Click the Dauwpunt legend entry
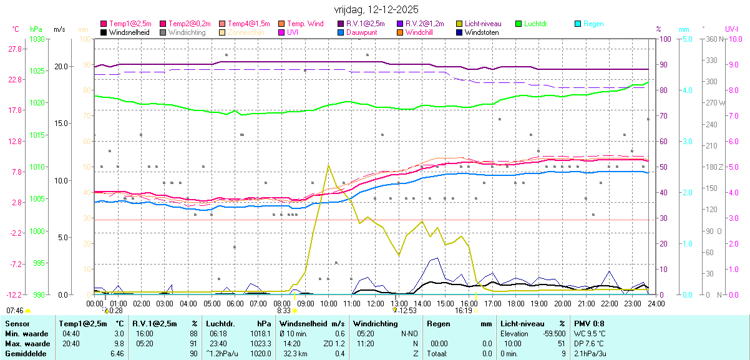[363, 32]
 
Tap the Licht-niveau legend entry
[483, 24]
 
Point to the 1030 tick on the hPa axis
[37, 39]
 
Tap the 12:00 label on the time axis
[375, 303]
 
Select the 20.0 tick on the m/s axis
[61, 66]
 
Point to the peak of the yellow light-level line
[328, 165]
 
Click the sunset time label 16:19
[463, 310]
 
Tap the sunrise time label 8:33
[284, 310]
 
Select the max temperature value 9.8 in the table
[119, 344]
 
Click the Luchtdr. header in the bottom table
[220, 324]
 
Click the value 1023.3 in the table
[261, 344]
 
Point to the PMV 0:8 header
[589, 324]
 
